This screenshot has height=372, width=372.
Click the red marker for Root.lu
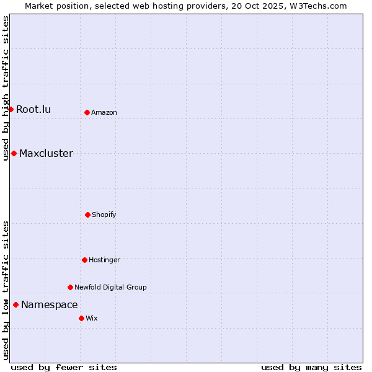[11, 109]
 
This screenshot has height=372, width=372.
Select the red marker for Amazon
[87, 112]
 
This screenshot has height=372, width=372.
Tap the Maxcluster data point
[14, 153]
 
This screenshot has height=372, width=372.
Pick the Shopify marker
[87, 215]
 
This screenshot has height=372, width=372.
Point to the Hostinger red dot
[84, 260]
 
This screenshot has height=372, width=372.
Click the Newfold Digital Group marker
[70, 287]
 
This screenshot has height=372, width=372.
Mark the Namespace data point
[15, 304]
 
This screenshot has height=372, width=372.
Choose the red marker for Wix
[81, 318]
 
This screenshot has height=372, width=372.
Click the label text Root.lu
[33, 110]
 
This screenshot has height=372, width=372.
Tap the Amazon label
[104, 113]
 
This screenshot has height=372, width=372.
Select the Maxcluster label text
[46, 154]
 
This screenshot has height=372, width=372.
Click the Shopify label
[104, 215]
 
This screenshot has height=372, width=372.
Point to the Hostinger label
[104, 260]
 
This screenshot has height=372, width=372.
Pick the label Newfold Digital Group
[110, 288]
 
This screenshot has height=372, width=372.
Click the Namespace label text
[50, 305]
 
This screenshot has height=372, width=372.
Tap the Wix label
[92, 319]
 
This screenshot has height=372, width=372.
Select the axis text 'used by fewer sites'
[64, 367]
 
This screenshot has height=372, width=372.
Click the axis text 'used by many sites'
[311, 367]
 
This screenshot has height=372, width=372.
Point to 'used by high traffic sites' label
[6, 88]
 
